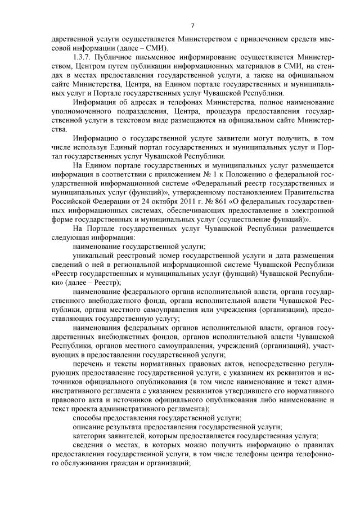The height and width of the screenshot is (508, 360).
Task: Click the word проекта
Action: (73, 408)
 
